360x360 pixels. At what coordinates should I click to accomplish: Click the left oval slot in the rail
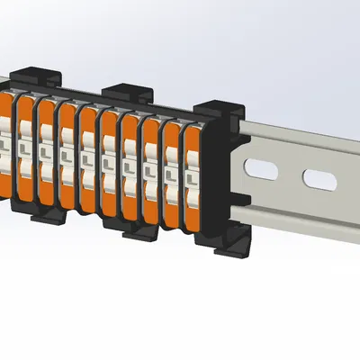[262, 168]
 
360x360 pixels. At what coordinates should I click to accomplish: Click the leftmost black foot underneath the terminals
[46, 215]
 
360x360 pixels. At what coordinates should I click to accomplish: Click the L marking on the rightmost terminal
[193, 175]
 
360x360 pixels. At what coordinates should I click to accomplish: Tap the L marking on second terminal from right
[171, 171]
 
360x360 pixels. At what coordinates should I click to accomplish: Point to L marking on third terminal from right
[149, 167]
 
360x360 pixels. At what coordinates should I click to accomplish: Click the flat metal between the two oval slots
[291, 174]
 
